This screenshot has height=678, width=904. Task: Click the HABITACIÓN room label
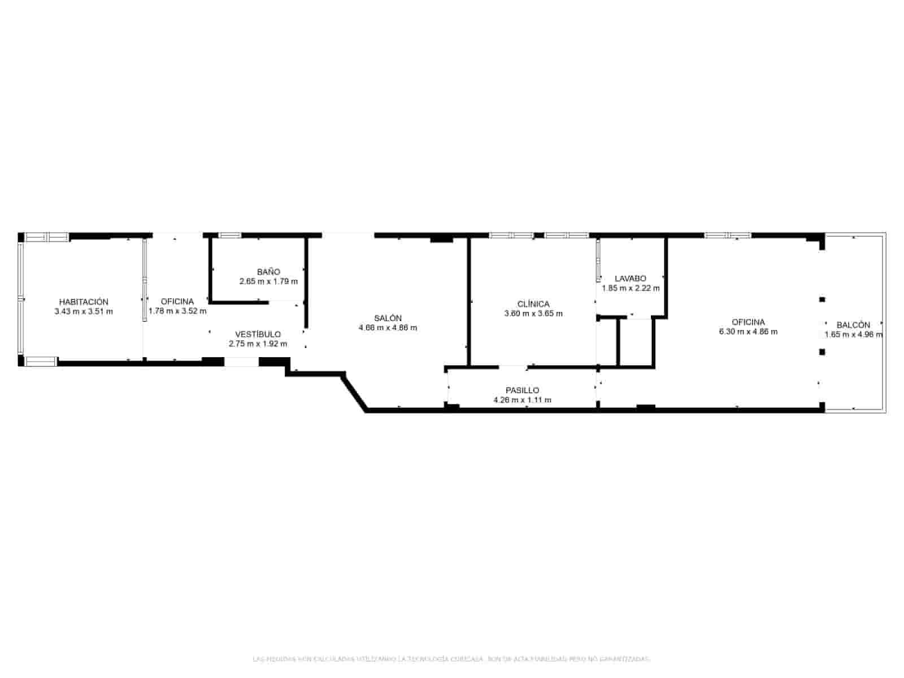tap(84, 302)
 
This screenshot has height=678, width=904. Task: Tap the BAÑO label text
tap(268, 272)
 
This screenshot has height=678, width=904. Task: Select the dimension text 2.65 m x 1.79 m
tap(268, 281)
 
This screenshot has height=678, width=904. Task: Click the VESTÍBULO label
tap(258, 334)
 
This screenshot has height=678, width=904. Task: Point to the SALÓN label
tap(388, 318)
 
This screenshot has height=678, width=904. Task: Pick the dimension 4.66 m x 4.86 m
tap(388, 328)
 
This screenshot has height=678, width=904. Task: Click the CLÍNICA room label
tap(533, 304)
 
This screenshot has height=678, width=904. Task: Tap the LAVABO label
tap(631, 279)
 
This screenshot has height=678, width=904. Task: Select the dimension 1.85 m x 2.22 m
tap(631, 288)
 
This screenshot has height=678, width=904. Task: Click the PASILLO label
tap(522, 390)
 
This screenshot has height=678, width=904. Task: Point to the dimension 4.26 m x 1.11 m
tap(522, 400)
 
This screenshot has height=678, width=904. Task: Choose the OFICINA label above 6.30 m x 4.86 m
tap(748, 322)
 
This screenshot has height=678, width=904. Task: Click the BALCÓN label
tap(853, 325)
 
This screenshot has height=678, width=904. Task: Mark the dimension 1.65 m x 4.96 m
tap(853, 334)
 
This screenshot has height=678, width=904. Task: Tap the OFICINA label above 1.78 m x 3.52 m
tap(177, 301)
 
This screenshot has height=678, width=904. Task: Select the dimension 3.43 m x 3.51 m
tap(84, 311)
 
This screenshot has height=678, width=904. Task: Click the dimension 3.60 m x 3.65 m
tap(533, 314)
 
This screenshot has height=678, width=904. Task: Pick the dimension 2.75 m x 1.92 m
tap(258, 344)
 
